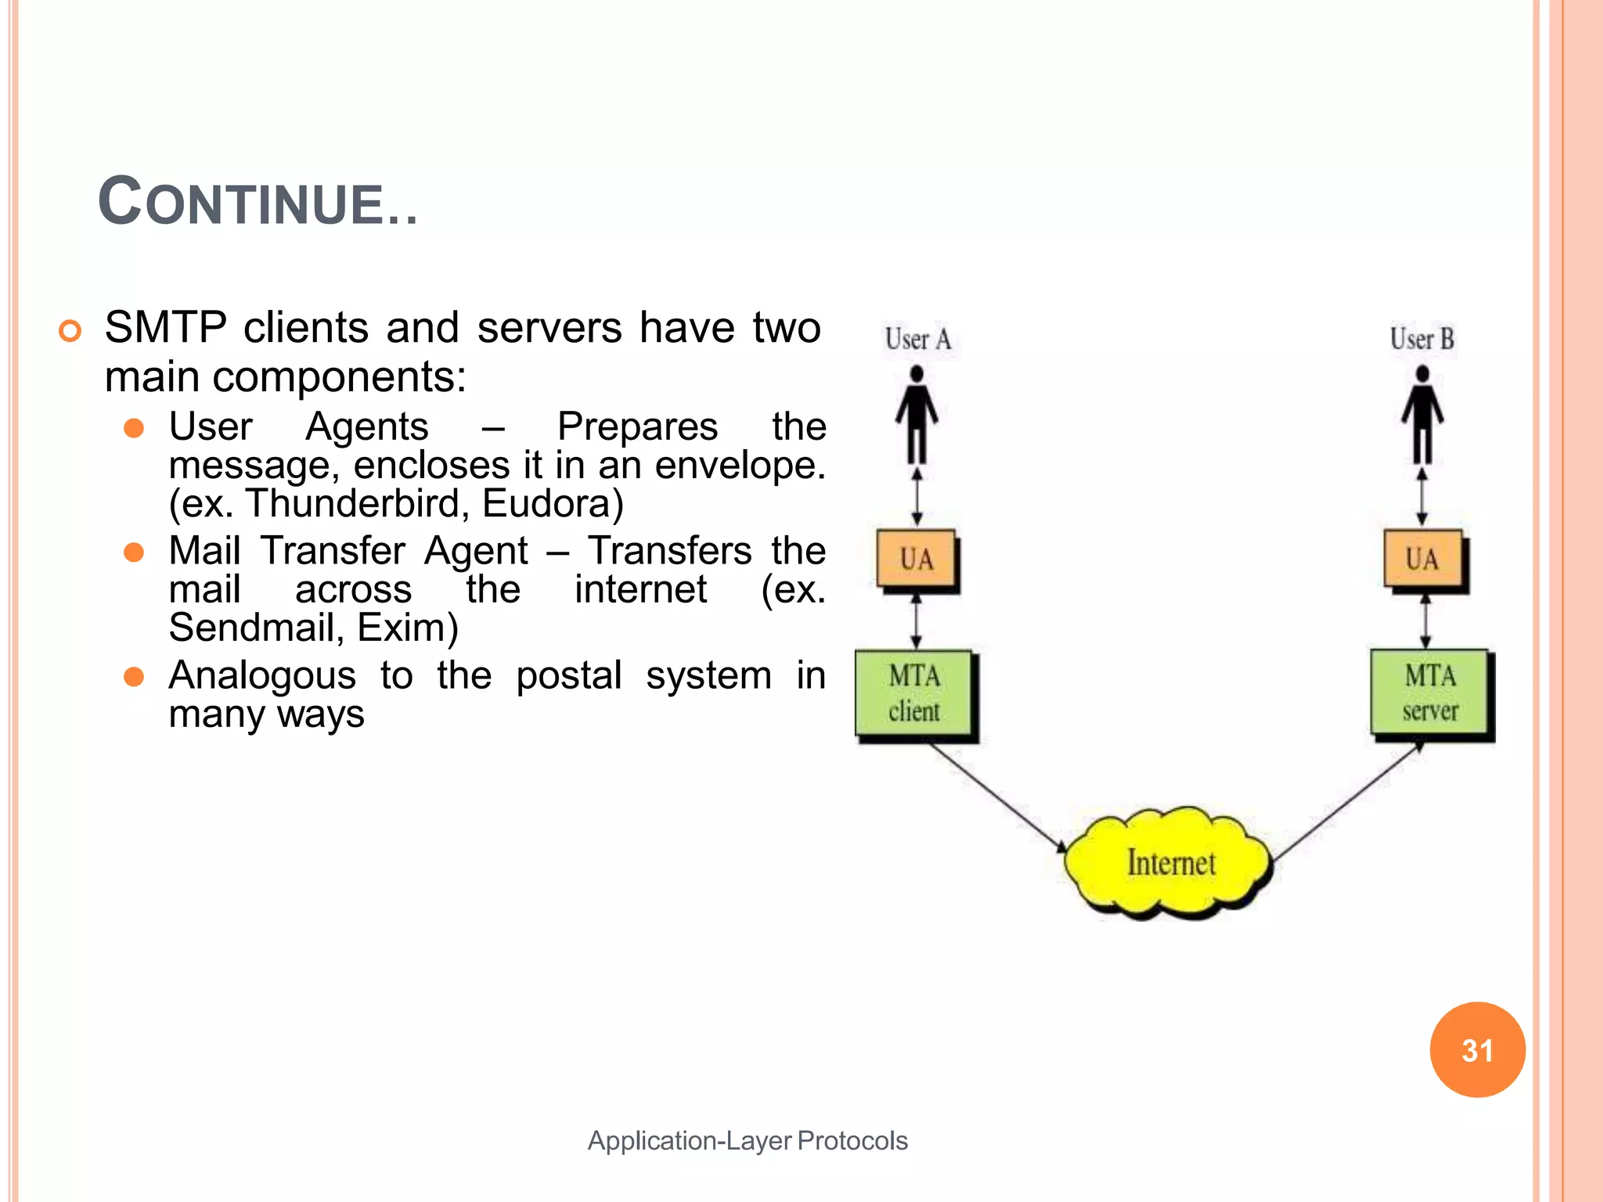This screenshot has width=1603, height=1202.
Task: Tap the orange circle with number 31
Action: [1477, 1049]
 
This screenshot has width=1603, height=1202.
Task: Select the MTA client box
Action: [914, 693]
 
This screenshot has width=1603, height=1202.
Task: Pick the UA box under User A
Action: [916, 559]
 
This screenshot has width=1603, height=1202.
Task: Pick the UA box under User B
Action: [1421, 559]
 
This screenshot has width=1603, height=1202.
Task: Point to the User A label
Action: [917, 340]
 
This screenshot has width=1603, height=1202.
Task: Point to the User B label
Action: [1421, 340]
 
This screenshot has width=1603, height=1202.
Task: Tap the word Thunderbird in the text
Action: [357, 503]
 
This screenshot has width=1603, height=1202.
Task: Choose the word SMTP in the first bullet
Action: [165, 327]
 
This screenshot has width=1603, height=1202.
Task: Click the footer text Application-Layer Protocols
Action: [747, 1140]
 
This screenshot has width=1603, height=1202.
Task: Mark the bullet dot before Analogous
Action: [134, 676]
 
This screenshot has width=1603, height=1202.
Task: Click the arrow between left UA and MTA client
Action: [917, 621]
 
